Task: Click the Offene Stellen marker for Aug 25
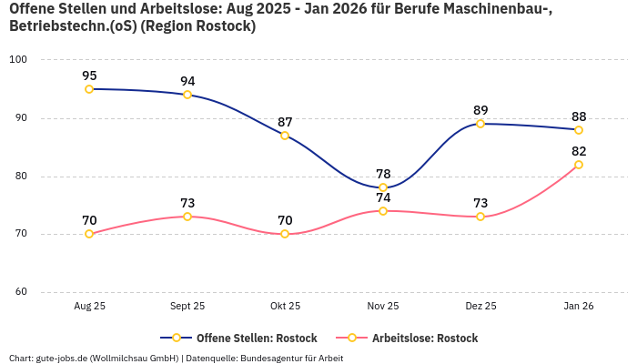tap(89, 89)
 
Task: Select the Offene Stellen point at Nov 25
tap(383, 187)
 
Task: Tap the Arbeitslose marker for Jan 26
tap(579, 165)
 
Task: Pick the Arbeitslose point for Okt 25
tap(285, 234)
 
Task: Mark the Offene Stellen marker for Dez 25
tap(480, 124)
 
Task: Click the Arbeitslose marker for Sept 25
tap(187, 217)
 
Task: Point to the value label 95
tap(89, 76)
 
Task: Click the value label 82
tap(579, 151)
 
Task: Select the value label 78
tap(383, 174)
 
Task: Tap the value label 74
tap(383, 197)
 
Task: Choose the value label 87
tap(285, 122)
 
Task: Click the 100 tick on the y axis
tap(17, 60)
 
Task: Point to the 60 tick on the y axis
tap(20, 292)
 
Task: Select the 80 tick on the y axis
tap(20, 177)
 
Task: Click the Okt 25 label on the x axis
tap(285, 307)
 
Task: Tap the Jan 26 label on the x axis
tap(579, 307)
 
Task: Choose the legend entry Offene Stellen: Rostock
tap(239, 338)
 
